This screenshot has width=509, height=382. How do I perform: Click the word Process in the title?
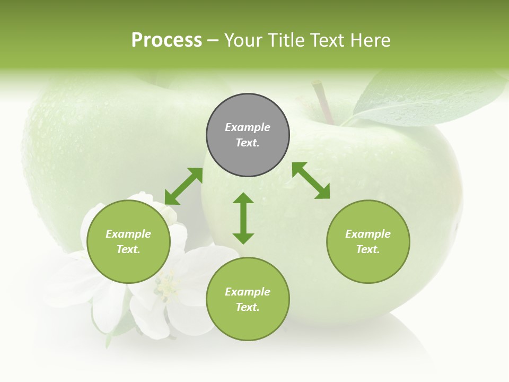point(166,40)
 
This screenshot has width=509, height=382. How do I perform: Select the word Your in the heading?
point(242,40)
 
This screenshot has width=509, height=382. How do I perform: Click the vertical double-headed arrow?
point(243,218)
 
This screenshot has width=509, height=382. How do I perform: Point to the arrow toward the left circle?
point(183,186)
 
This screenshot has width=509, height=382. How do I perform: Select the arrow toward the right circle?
point(311,180)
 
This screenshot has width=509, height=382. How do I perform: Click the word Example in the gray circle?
point(248,127)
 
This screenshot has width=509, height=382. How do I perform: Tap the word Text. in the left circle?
point(128,249)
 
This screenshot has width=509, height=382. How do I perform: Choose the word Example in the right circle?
point(368,234)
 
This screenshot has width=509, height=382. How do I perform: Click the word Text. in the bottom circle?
point(248,307)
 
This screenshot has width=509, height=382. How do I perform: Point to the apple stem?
point(322,101)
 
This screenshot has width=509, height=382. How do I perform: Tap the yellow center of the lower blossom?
point(169,289)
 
